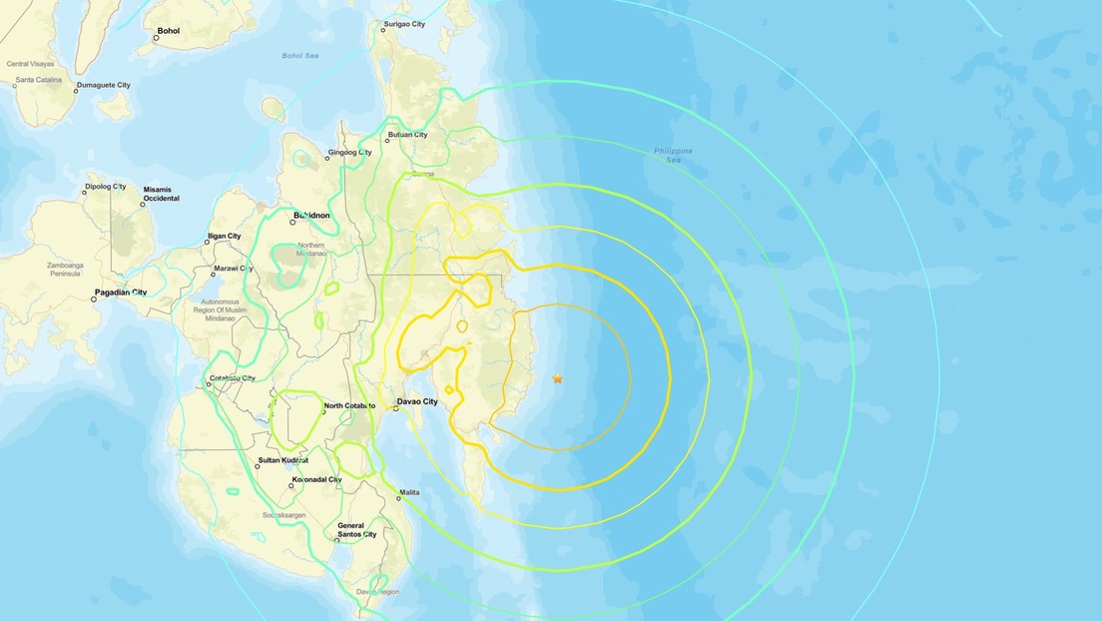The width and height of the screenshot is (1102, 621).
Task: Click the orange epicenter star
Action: click(558, 378)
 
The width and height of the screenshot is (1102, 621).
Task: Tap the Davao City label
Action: click(417, 401)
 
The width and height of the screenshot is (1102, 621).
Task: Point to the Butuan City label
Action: click(408, 135)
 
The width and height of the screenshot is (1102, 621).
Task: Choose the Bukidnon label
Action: click(311, 215)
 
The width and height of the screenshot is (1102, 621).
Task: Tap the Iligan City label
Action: click(224, 236)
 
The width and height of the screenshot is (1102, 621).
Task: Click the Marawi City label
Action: click(233, 269)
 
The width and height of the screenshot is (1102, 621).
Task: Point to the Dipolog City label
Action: click(106, 186)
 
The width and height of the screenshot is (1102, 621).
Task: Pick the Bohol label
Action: click(168, 31)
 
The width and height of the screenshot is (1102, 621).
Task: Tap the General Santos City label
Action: click(356, 530)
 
